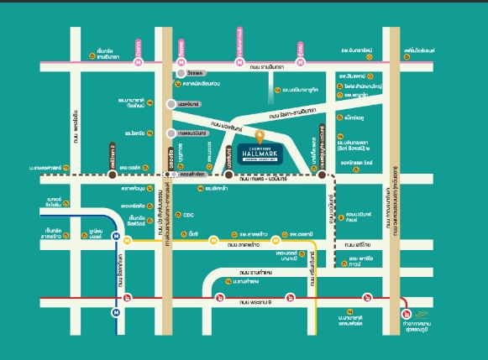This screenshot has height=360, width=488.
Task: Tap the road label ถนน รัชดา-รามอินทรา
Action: [x=292, y=109]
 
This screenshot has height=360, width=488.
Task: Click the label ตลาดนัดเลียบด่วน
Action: [x=202, y=86]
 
